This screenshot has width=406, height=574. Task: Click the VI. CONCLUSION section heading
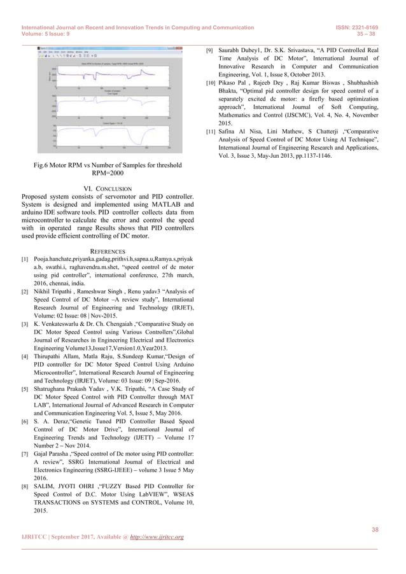pos(108,188)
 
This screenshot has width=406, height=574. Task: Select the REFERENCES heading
pos(108,251)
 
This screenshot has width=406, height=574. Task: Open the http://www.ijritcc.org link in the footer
pos(157,537)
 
